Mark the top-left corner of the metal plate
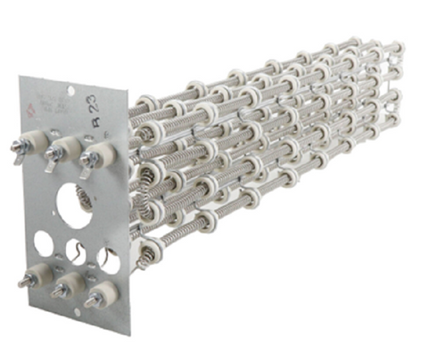(20, 78)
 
